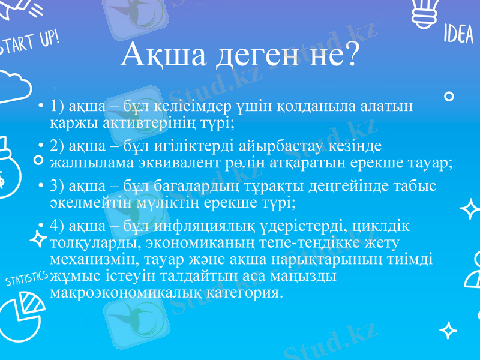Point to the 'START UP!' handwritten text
click(x=30, y=44)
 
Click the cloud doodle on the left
click(x=13, y=87)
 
